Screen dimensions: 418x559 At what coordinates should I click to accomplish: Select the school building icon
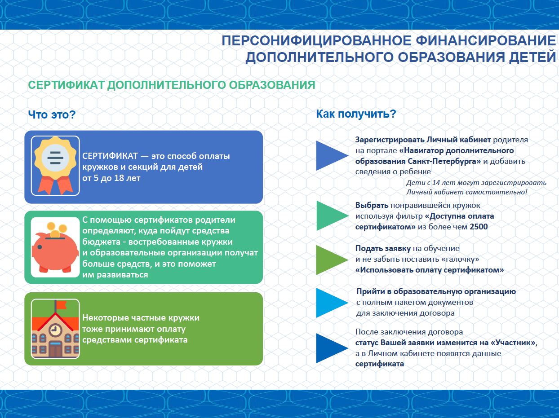[55, 330]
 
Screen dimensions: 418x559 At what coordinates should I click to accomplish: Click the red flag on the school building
[60, 305]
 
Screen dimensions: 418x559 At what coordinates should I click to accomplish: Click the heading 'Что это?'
[52, 115]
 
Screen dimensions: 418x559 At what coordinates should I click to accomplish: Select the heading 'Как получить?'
[356, 114]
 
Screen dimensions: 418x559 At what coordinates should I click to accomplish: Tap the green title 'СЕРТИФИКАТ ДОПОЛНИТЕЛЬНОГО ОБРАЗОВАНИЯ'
[171, 85]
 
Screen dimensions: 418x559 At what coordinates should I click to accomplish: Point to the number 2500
[479, 227]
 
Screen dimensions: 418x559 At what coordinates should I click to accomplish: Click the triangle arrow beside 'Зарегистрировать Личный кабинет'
[329, 155]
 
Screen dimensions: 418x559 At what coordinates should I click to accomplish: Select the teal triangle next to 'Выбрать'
[329, 216]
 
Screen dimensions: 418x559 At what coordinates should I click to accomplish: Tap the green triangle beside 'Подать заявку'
[329, 260]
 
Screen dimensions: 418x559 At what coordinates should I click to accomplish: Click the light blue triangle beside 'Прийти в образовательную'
[329, 303]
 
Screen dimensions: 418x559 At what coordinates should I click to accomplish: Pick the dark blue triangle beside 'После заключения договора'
[329, 348]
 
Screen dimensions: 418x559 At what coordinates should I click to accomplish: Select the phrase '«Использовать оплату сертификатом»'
[429, 270]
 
